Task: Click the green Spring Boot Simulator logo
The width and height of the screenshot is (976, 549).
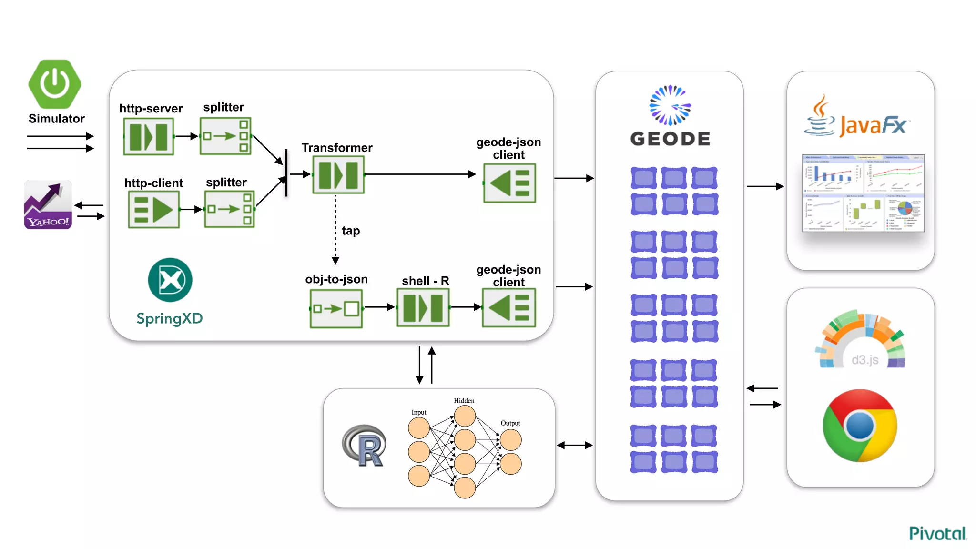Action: click(55, 84)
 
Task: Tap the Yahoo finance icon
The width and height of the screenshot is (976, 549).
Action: click(48, 204)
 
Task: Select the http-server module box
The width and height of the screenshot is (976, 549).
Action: click(148, 137)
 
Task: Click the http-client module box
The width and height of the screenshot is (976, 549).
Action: click(153, 210)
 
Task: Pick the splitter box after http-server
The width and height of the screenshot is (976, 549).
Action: click(225, 136)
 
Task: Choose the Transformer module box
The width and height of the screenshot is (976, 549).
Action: click(338, 174)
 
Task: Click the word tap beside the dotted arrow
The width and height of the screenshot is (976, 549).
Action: click(351, 231)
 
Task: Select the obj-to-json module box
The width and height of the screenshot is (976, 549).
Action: click(336, 309)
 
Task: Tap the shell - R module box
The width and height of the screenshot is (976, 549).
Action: click(423, 308)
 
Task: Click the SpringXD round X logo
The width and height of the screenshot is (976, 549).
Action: click(170, 280)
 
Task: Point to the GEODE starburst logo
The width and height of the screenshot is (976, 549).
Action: click(670, 105)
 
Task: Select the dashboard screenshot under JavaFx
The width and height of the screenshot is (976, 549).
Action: click(863, 193)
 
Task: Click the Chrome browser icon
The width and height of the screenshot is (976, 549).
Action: click(860, 426)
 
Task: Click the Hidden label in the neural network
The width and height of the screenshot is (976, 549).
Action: click(464, 401)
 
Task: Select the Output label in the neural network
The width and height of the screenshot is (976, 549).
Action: click(510, 423)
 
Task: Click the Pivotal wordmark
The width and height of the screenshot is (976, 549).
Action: click(937, 533)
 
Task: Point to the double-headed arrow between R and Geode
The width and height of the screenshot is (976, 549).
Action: click(575, 445)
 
